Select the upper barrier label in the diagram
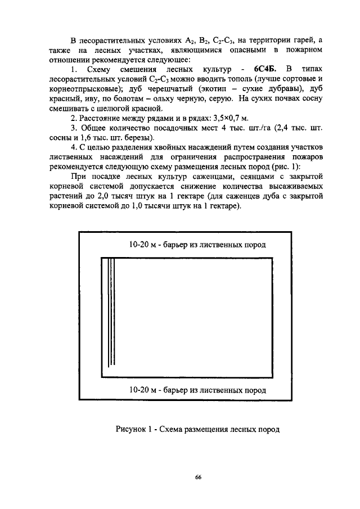197,245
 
